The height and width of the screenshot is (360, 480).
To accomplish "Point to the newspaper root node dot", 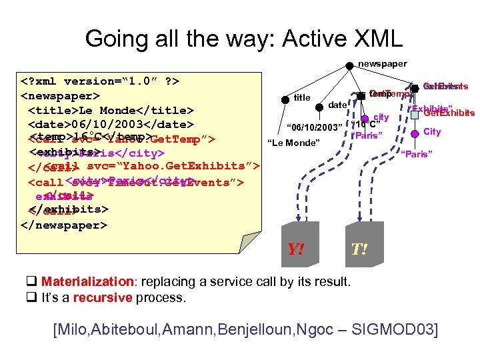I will coord(349,65).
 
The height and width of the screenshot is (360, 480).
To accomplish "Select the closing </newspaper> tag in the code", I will coord(63,225).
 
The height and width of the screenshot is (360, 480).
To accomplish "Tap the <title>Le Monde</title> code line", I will coord(111,110).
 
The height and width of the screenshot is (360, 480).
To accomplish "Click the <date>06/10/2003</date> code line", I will coord(111,125).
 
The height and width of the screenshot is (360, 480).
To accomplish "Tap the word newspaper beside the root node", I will coord(382,64).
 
